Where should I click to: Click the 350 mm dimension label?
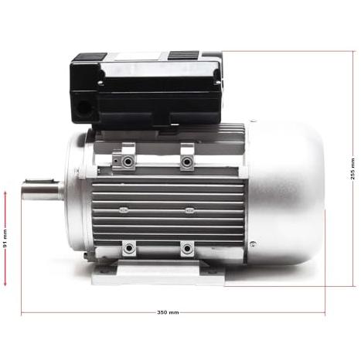[x=168, y=312]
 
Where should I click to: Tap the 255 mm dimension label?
[x=352, y=169]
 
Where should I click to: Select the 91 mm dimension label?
[x=5, y=238]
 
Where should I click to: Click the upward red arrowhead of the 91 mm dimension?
[x=5, y=193]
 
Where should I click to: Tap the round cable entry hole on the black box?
[x=83, y=107]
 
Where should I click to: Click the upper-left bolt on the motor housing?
[x=128, y=162]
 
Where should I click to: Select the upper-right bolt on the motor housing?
[x=186, y=162]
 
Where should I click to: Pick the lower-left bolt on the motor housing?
[x=128, y=248]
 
